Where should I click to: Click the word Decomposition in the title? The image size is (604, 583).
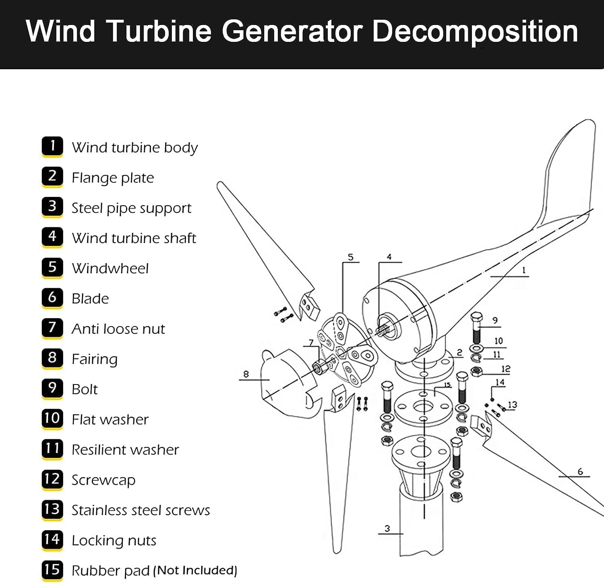point(475,31)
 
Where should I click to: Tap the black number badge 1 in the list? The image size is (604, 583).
point(52,146)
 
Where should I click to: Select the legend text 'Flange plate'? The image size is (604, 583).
point(113,178)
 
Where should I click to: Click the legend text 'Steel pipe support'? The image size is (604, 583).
point(131,208)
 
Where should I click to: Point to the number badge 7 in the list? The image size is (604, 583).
point(52,328)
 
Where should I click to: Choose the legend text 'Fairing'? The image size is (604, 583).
point(95,359)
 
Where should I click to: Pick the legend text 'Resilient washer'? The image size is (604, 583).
point(125,449)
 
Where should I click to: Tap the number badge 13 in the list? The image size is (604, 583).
point(52,509)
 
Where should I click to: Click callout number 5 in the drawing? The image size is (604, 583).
point(350,257)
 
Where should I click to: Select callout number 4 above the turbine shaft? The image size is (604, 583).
point(389,256)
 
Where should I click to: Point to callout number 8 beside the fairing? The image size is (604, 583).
point(246,374)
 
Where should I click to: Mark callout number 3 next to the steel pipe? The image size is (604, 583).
point(387,528)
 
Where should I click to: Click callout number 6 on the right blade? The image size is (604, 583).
point(580,471)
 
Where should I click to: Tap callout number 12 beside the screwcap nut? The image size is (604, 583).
point(506,369)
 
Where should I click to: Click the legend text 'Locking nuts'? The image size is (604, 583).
point(114,540)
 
